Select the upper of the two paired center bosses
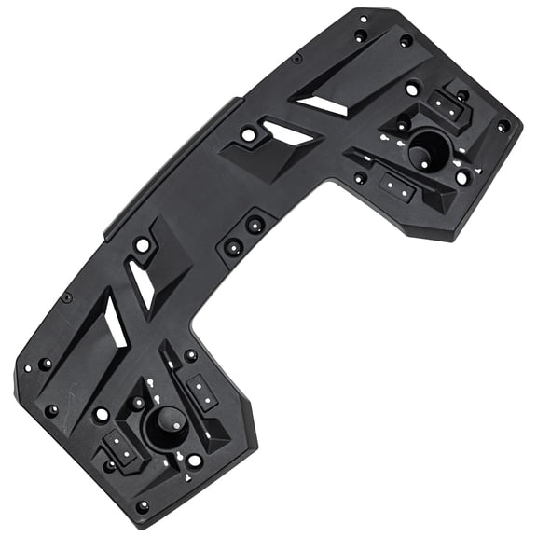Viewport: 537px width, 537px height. pyautogui.click(x=254, y=225)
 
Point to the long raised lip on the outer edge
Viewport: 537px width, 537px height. pyautogui.click(x=168, y=158)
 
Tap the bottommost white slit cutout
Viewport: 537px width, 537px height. pyautogui.click(x=112, y=322)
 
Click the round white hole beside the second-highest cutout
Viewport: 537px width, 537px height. pyautogui.click(x=248, y=136)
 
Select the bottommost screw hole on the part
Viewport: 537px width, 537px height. pyautogui.click(x=142, y=506)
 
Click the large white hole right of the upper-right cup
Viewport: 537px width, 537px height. pyautogui.click(x=463, y=176)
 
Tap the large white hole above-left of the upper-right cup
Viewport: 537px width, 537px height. pyautogui.click(x=411, y=89)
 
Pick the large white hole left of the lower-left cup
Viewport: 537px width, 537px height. pyautogui.click(x=102, y=413)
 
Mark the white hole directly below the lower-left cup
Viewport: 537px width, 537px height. pyautogui.click(x=193, y=460)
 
